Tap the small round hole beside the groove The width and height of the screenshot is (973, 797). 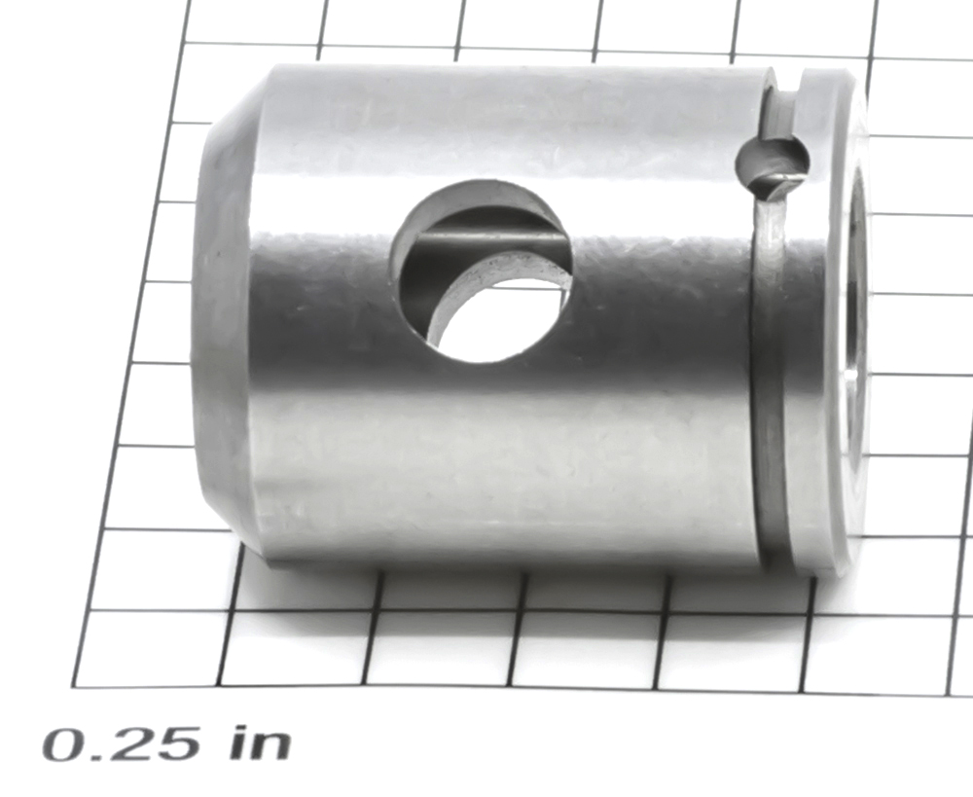coord(773,164)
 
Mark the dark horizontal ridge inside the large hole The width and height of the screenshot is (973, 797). coord(483,237)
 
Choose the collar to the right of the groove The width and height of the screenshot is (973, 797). coord(825,323)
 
